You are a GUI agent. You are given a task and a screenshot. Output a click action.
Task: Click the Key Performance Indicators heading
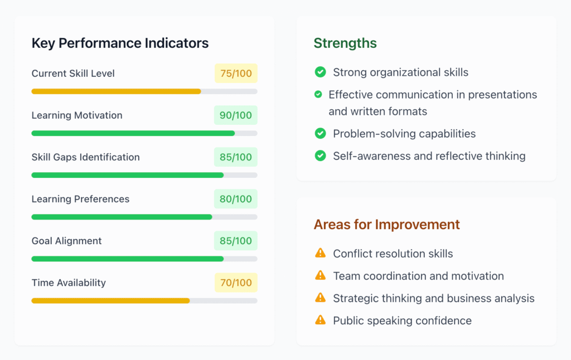pyautogui.click(x=120, y=43)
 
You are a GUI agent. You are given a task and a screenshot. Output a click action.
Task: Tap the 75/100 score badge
pyautogui.click(x=236, y=74)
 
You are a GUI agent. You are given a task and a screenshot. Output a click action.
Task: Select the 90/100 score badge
pyautogui.click(x=236, y=115)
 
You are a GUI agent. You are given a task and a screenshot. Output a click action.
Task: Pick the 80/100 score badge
pyautogui.click(x=236, y=199)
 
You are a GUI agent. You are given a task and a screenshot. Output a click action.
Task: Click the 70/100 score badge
pyautogui.click(x=236, y=283)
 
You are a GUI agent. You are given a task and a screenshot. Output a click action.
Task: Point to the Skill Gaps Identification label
pyautogui.click(x=85, y=157)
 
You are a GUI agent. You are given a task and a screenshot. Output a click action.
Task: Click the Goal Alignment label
pyautogui.click(x=66, y=241)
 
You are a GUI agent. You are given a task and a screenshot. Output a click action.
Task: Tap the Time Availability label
pyautogui.click(x=69, y=283)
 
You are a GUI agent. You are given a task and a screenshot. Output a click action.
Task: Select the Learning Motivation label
pyautogui.click(x=77, y=115)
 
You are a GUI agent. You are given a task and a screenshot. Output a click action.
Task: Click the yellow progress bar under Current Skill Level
pyautogui.click(x=116, y=91)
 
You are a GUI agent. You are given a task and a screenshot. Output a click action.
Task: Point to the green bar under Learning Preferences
pyautogui.click(x=122, y=217)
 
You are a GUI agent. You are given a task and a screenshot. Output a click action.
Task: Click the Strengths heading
pyautogui.click(x=345, y=43)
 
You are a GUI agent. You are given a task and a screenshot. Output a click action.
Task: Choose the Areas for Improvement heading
pyautogui.click(x=386, y=224)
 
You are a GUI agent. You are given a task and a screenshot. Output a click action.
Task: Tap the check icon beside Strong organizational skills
pyautogui.click(x=320, y=72)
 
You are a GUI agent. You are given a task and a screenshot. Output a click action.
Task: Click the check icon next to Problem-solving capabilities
pyautogui.click(x=320, y=133)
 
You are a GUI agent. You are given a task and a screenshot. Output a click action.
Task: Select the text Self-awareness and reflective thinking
pyautogui.click(x=429, y=156)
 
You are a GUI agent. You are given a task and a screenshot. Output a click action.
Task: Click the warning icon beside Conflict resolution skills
pyautogui.click(x=320, y=253)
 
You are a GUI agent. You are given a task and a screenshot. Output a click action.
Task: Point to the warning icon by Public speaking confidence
pyautogui.click(x=320, y=320)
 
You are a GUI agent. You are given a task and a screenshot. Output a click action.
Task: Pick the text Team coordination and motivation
pyautogui.click(x=418, y=276)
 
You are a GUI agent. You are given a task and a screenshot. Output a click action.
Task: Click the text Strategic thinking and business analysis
pyautogui.click(x=433, y=298)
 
